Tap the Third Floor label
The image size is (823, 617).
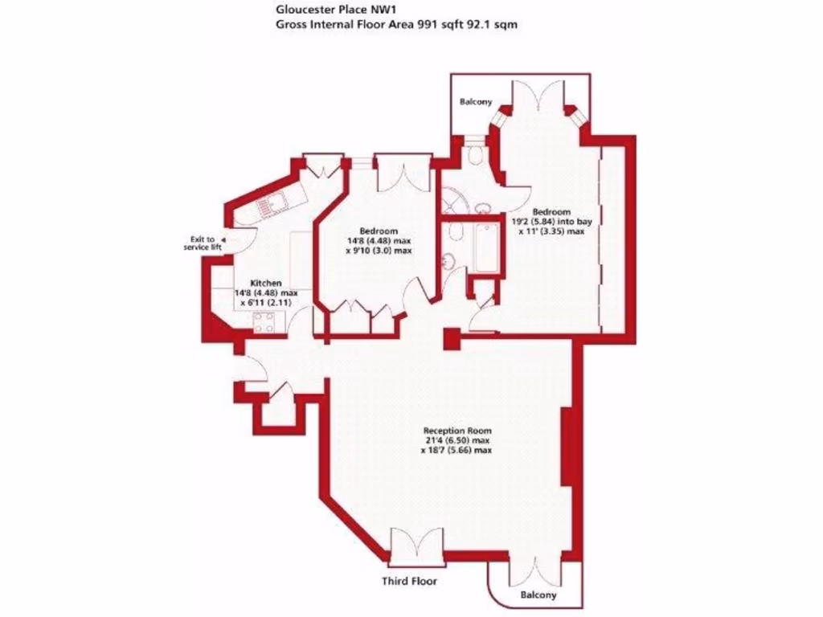tap(410, 581)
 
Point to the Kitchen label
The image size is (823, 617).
tap(266, 284)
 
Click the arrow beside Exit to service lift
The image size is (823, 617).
tap(223, 239)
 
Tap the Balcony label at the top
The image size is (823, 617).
tap(475, 103)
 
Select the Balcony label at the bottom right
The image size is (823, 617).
tap(538, 595)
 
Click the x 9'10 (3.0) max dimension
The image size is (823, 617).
tap(379, 250)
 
